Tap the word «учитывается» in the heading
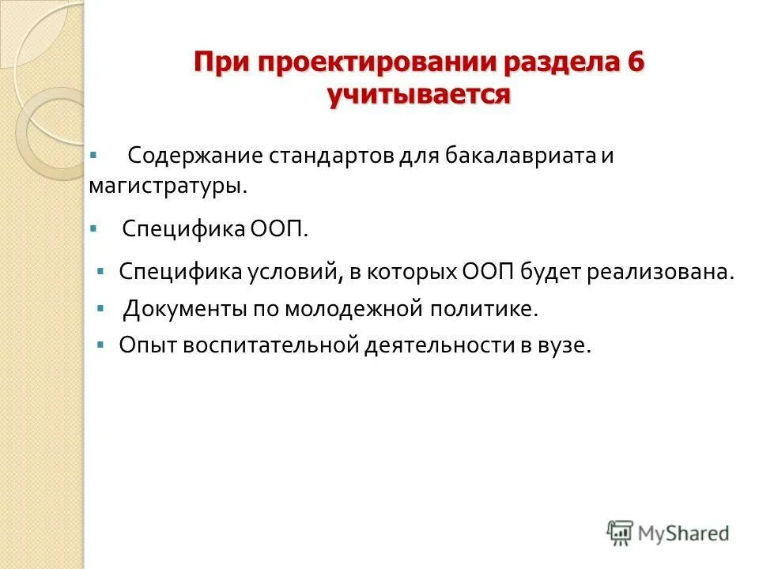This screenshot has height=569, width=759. pyautogui.click(x=419, y=95)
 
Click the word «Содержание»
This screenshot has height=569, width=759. pyautogui.click(x=187, y=155)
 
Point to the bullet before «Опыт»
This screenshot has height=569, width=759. pyautogui.click(x=100, y=345)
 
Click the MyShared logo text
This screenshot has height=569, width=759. pyautogui.click(x=684, y=534)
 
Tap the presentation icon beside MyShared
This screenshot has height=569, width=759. pyautogui.click(x=620, y=533)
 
